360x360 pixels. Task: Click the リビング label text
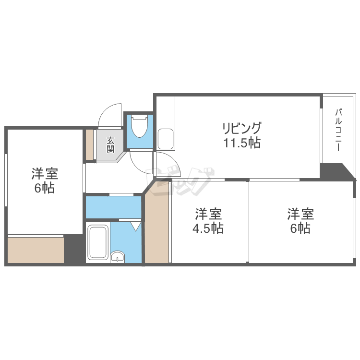click(241, 129)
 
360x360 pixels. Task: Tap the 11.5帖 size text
click(241, 143)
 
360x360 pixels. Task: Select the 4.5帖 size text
click(208, 228)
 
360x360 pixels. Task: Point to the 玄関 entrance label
click(110, 144)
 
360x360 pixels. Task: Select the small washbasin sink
click(117, 257)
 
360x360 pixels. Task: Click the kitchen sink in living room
click(166, 138)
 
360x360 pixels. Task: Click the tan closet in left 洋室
click(36, 250)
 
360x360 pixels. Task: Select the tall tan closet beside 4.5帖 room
click(157, 228)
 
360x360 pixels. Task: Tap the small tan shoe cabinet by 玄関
click(89, 144)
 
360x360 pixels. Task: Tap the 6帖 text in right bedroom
click(300, 228)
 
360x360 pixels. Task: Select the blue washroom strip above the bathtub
click(113, 207)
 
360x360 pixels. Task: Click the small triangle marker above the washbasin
click(135, 225)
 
